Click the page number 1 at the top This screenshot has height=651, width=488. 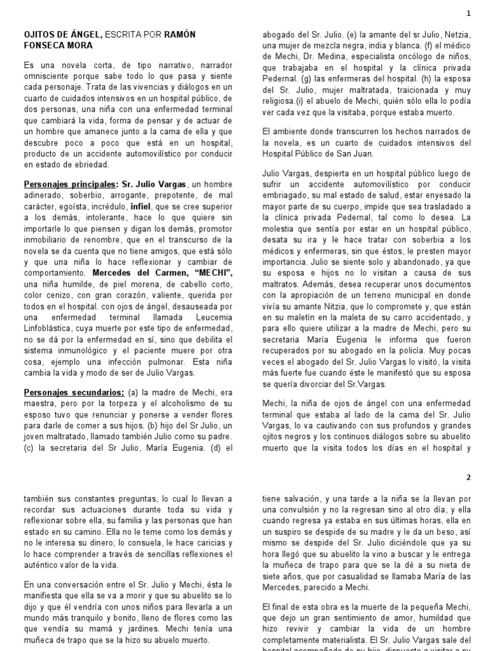[x=469, y=13]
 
